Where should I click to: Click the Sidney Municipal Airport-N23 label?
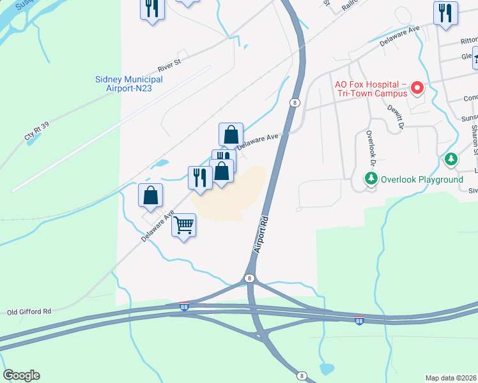[x=128, y=84]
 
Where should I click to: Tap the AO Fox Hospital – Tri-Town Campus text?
[x=371, y=89]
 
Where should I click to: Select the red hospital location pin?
[x=418, y=87]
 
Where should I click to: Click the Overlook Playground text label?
[x=422, y=179]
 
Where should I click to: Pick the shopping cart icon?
[x=184, y=225]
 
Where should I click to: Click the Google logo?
[x=21, y=375]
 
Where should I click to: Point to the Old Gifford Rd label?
[x=29, y=312]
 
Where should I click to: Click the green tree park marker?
[x=452, y=159]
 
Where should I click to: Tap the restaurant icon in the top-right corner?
[x=445, y=13]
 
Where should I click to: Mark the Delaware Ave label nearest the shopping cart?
[x=157, y=227]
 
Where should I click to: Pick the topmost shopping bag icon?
[x=231, y=135]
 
